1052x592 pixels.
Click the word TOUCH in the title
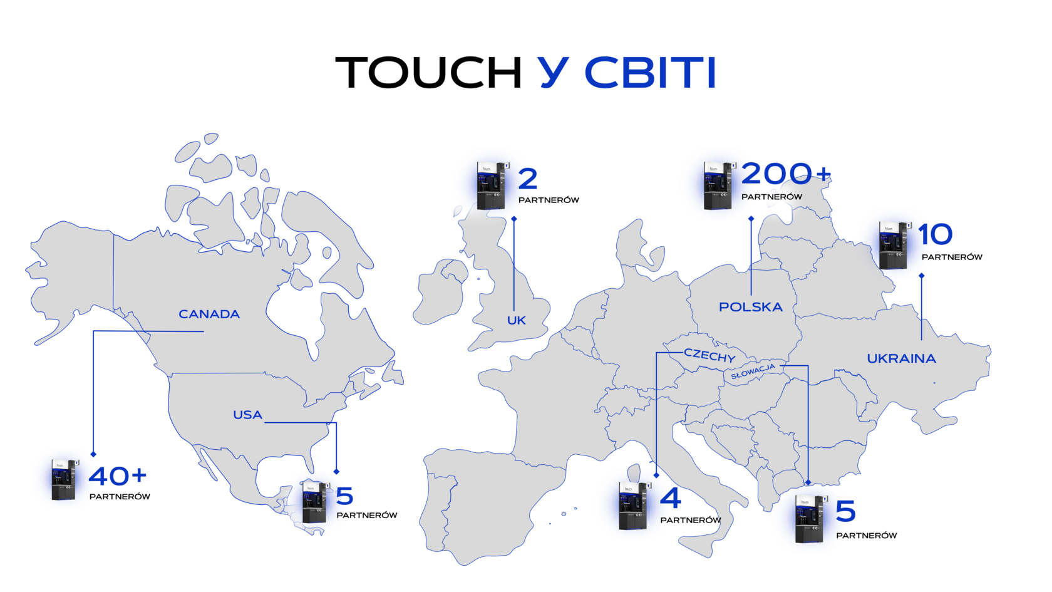(x=428, y=73)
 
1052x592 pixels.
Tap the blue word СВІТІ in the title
(x=651, y=73)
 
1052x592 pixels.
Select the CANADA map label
(x=209, y=314)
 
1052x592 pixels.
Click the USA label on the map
(x=247, y=415)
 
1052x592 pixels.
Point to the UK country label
(x=516, y=321)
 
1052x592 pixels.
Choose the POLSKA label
(x=750, y=307)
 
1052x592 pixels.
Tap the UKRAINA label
(x=901, y=359)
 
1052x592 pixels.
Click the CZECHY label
(x=709, y=356)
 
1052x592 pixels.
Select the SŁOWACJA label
(x=753, y=371)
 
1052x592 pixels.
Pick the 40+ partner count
(x=118, y=476)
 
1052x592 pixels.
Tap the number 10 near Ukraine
(x=935, y=234)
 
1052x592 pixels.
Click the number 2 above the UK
(x=528, y=179)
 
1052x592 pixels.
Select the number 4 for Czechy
(x=670, y=498)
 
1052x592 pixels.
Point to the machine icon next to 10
(x=895, y=246)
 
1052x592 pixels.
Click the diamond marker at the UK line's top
(x=513, y=219)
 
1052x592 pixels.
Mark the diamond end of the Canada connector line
(x=93, y=454)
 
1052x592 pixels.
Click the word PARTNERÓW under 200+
(x=771, y=197)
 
